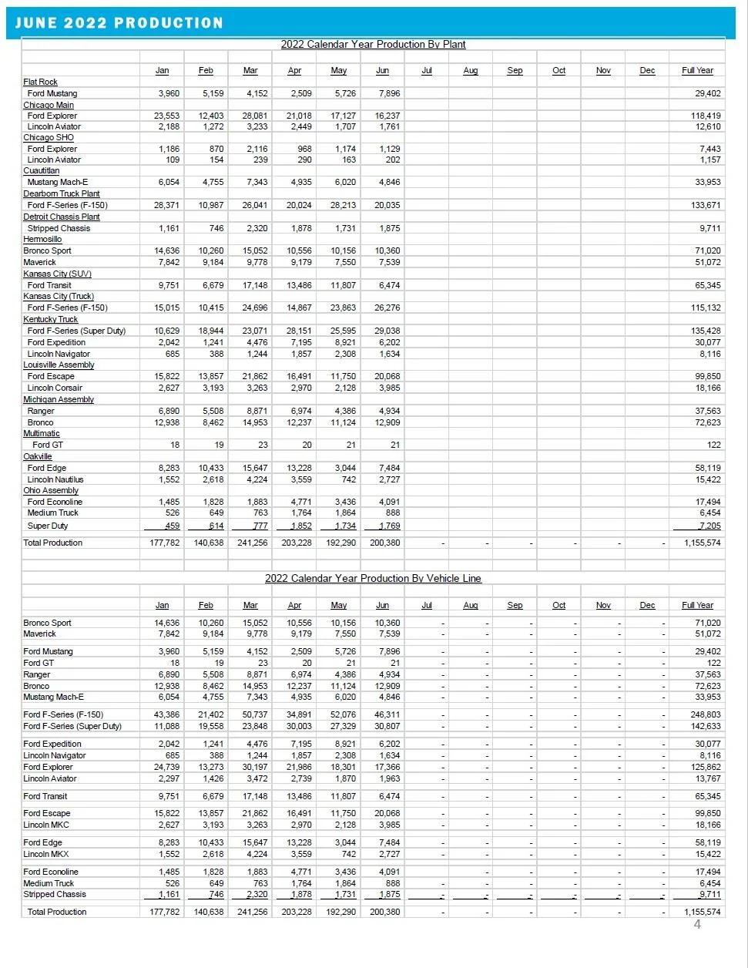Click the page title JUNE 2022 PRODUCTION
point(119,23)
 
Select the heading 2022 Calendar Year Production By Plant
point(373,45)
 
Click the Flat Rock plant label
point(40,82)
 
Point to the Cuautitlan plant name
point(41,171)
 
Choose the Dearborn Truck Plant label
point(62,194)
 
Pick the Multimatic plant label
point(42,433)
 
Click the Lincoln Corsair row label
point(55,388)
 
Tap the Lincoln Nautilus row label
point(55,479)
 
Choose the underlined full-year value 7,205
point(709,526)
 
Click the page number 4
point(697,924)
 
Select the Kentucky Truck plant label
point(50,319)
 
